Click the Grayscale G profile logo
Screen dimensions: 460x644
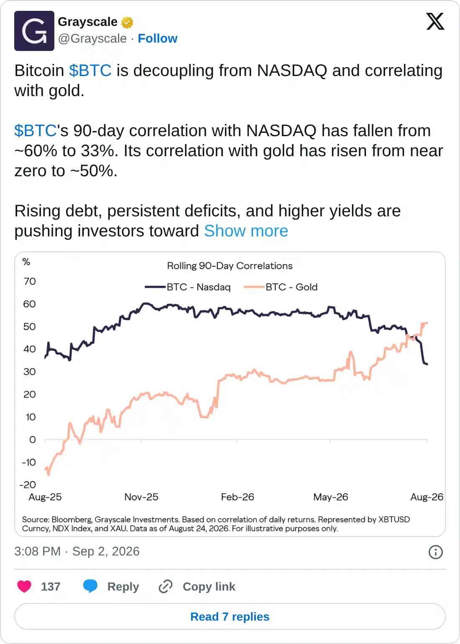34,31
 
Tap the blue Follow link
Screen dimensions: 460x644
158,38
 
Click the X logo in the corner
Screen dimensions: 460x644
435,21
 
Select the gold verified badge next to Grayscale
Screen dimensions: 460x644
127,23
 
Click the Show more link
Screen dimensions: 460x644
246,231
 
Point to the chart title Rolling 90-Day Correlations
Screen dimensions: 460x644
230,266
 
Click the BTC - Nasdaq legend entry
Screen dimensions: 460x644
188,287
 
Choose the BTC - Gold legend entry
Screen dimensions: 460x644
281,287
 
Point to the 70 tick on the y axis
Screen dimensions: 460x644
30,281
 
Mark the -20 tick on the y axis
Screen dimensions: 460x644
28,485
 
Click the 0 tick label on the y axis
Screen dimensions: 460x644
33,440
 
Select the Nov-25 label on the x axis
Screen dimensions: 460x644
141,497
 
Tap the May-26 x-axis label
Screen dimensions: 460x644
331,497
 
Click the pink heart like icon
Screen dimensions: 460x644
24,586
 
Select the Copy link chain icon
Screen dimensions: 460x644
166,586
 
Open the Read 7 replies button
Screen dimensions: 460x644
230,616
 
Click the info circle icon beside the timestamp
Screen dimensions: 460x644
435,552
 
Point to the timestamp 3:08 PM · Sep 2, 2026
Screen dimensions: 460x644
77,551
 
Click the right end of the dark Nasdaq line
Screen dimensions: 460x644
427,364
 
